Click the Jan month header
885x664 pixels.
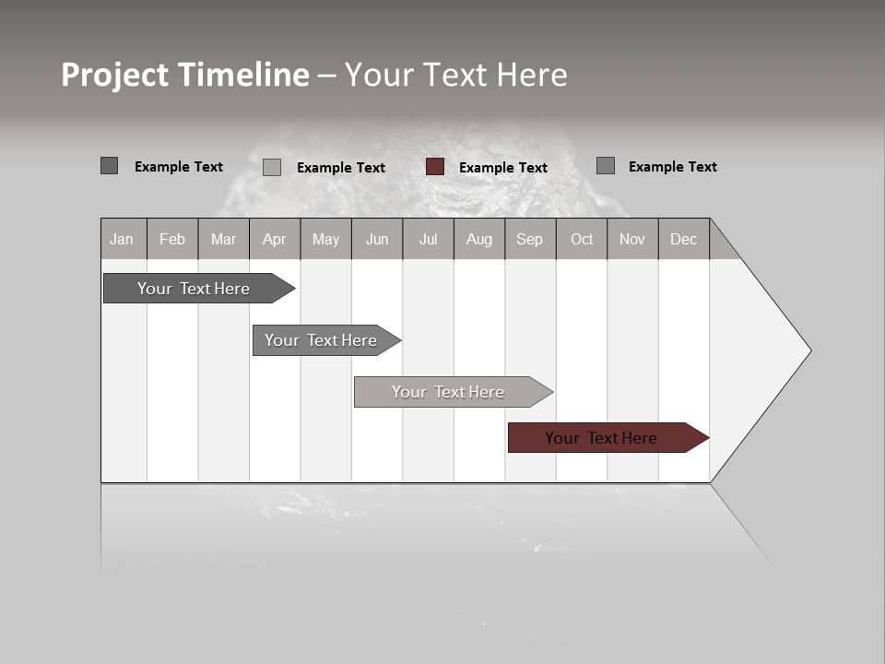pyautogui.click(x=122, y=239)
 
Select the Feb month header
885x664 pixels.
pyautogui.click(x=172, y=239)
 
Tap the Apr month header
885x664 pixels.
pyautogui.click(x=274, y=239)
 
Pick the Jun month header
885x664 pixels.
pyautogui.click(x=377, y=239)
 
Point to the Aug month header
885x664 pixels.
pyautogui.click(x=478, y=239)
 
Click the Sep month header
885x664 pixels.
pyautogui.click(x=529, y=239)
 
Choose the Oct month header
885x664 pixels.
pyautogui.click(x=582, y=239)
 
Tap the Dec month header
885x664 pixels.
pyautogui.click(x=683, y=239)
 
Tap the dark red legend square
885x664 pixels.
pyautogui.click(x=435, y=167)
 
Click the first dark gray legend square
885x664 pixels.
pyautogui.click(x=110, y=166)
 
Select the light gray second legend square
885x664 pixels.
pyautogui.click(x=272, y=167)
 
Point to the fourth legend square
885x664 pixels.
pyautogui.click(x=606, y=166)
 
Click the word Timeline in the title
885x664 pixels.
pyautogui.click(x=243, y=75)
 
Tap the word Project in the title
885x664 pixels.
pyautogui.click(x=115, y=75)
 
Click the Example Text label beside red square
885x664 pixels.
pyautogui.click(x=502, y=168)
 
